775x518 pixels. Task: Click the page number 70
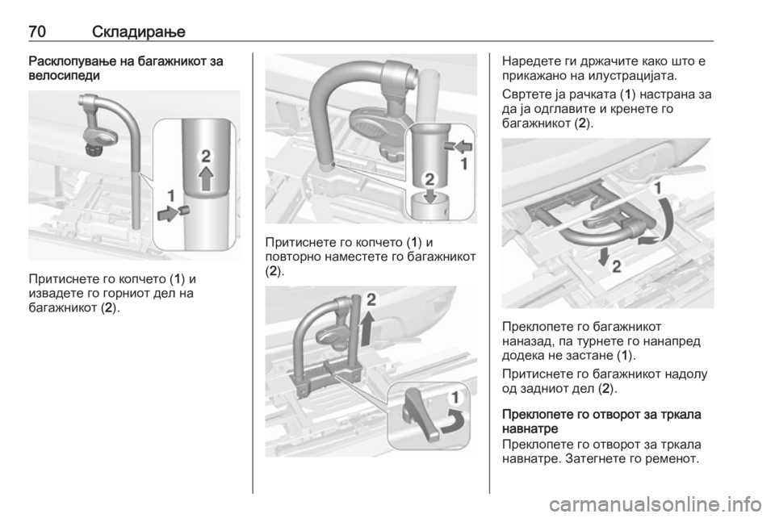pyautogui.click(x=38, y=31)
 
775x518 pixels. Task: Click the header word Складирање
pyautogui.click(x=139, y=32)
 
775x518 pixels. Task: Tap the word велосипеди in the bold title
pyautogui.click(x=65, y=76)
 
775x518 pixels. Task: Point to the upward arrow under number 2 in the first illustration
pyautogui.click(x=206, y=179)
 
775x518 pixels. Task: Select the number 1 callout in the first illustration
pyautogui.click(x=170, y=196)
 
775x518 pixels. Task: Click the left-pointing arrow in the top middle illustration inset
pyautogui.click(x=463, y=147)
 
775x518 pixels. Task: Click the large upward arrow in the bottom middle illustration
pyautogui.click(x=367, y=329)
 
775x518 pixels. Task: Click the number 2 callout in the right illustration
pyautogui.click(x=616, y=266)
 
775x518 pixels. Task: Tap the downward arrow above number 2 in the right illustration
pyautogui.click(x=602, y=257)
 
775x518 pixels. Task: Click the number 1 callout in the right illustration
pyautogui.click(x=658, y=188)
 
